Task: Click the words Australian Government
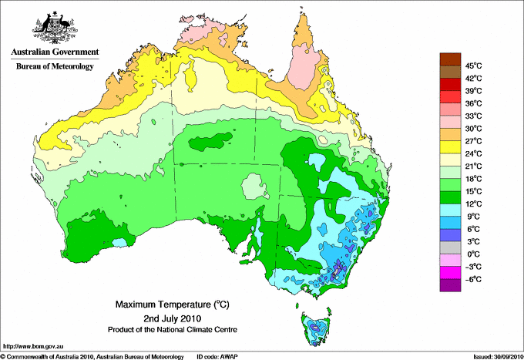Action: (x=54, y=52)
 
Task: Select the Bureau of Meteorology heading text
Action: (x=54, y=67)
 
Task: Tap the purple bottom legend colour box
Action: (x=450, y=285)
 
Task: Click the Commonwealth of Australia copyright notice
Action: (x=92, y=355)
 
